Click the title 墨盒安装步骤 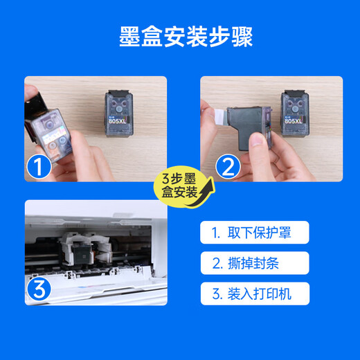[x=186, y=37]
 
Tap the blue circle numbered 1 [x=39, y=167]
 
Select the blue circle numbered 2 [x=228, y=167]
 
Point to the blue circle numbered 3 [x=39, y=289]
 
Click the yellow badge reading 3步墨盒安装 [x=182, y=186]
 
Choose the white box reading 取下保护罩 [x=255, y=233]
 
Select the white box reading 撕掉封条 [x=255, y=263]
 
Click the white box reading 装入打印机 [x=255, y=294]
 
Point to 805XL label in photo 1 [x=118, y=120]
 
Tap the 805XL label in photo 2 [x=294, y=120]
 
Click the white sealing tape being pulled [x=221, y=117]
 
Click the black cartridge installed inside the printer [x=81, y=254]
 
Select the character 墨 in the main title [x=129, y=37]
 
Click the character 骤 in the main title [x=242, y=37]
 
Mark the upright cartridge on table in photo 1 [x=119, y=114]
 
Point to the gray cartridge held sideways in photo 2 [x=249, y=127]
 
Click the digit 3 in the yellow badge [x=165, y=179]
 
